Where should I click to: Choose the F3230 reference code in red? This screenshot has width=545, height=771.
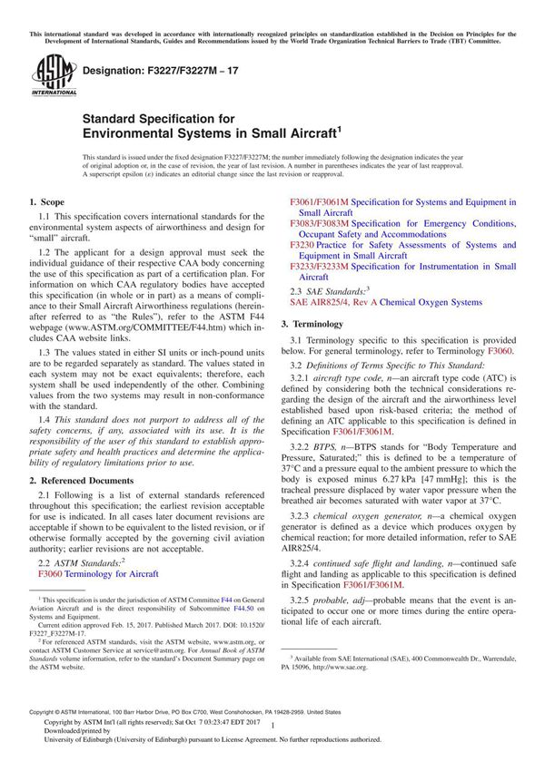pos(302,245)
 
